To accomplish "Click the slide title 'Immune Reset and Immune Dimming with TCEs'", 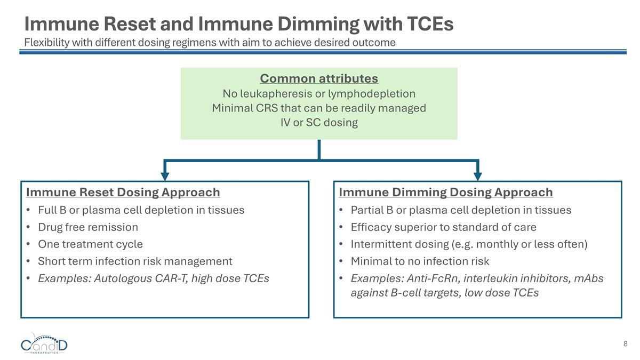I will click(238, 24).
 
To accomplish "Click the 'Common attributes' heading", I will click(319, 79).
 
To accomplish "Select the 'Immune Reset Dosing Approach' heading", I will click(123, 192).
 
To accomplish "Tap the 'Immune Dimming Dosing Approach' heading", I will click(445, 192).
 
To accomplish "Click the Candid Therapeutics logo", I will click(44, 345).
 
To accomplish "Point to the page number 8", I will click(625, 343).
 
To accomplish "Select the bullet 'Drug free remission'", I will click(87, 227).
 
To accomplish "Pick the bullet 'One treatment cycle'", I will click(90, 244).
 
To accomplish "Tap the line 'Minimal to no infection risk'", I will click(420, 261).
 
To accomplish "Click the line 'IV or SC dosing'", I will click(319, 123).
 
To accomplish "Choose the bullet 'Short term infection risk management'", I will click(135, 261).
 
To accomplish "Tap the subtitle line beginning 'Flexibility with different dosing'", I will click(210, 43).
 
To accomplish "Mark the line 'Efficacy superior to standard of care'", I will click(443, 227).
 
